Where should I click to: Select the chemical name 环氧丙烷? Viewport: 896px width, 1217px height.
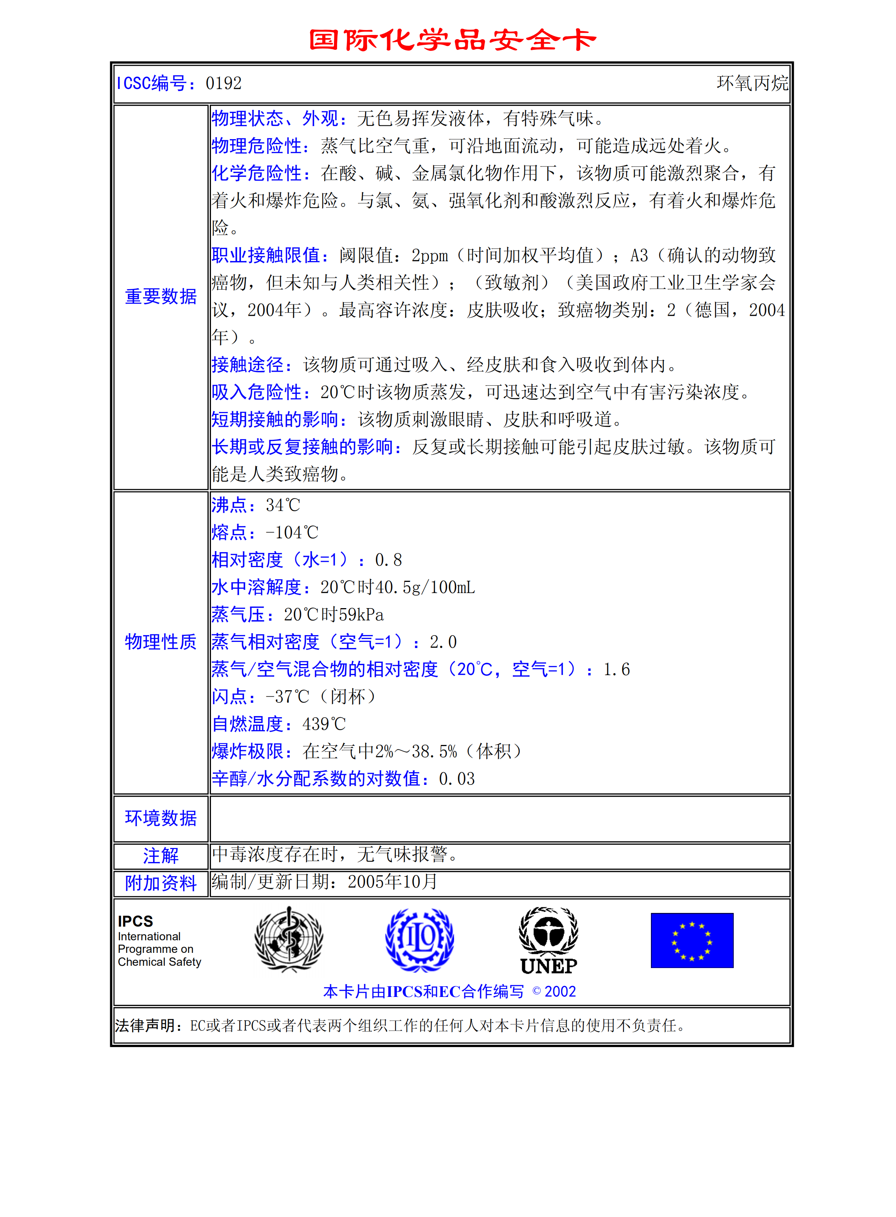(x=752, y=83)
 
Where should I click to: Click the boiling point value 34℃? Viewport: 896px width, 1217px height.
(x=283, y=505)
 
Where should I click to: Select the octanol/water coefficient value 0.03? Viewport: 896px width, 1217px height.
(x=457, y=779)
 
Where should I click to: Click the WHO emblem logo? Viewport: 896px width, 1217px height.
(x=289, y=939)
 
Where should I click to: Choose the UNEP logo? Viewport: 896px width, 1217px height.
(x=548, y=940)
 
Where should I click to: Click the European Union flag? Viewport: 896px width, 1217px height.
(x=692, y=940)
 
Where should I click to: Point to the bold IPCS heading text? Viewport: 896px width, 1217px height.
(x=136, y=921)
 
